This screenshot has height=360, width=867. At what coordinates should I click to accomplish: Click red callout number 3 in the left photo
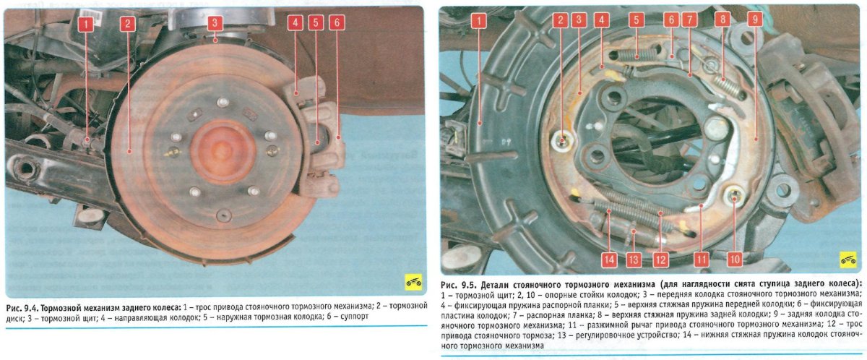point(215,23)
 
